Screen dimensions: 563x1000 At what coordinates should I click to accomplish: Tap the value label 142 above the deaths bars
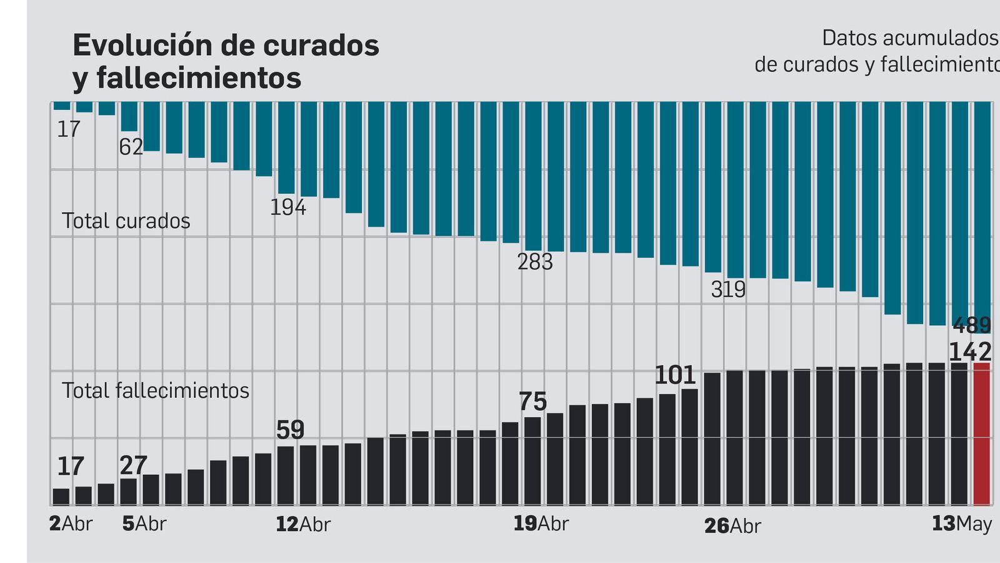pos(970,352)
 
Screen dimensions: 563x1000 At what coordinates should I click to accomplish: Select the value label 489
pos(972,326)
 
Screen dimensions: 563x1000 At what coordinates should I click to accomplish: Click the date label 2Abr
pos(71,524)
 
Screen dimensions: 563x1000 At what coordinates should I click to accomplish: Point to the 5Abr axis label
pos(144,524)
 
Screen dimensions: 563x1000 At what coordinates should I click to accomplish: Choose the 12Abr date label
pos(303,524)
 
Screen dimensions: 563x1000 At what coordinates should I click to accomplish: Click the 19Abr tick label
pos(541,524)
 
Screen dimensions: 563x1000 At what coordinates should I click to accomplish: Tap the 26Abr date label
pos(732,526)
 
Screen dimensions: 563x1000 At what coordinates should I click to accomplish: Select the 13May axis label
pos(962,524)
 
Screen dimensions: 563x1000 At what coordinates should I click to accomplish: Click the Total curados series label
pos(126,221)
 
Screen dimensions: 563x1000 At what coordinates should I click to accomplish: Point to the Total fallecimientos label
pos(156,390)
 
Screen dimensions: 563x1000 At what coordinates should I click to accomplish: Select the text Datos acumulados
pos(910,38)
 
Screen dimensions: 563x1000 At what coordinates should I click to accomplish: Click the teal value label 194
pos(288,207)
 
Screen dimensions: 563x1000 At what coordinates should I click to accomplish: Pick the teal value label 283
pos(535,261)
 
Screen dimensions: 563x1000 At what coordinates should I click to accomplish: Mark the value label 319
pos(728,290)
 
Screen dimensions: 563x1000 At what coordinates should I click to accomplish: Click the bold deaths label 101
pos(675,375)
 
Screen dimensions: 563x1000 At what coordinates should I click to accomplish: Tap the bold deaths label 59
pos(290,430)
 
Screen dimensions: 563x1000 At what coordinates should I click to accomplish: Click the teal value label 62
pos(131,147)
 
